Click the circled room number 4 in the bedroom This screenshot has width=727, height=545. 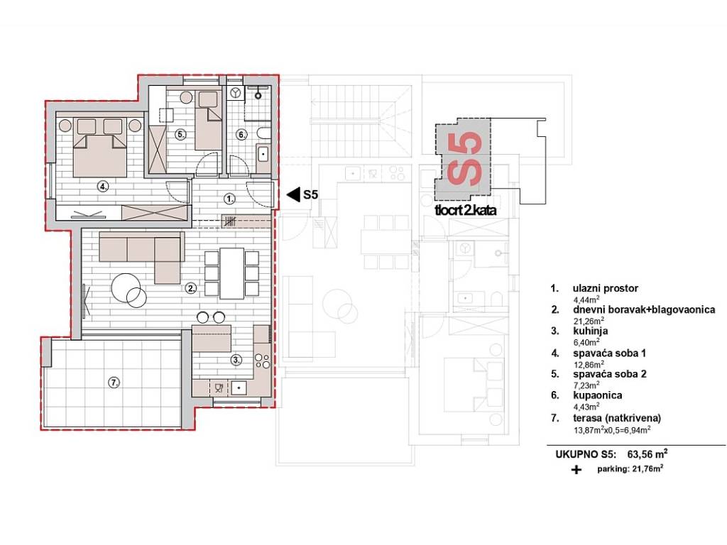click(103, 187)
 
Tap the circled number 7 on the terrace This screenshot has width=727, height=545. click(114, 382)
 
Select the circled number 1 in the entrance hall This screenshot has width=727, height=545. click(229, 199)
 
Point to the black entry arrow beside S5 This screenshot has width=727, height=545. click(293, 194)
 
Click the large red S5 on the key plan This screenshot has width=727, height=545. click(464, 158)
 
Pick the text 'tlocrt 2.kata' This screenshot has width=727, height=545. click(466, 210)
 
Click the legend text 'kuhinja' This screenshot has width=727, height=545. click(590, 331)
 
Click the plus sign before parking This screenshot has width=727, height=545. click(576, 470)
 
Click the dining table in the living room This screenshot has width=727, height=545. click(232, 273)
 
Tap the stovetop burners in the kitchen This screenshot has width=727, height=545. click(263, 361)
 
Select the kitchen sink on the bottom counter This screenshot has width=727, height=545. click(239, 387)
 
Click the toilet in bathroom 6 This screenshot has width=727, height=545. click(263, 133)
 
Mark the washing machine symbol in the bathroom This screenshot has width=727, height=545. click(236, 92)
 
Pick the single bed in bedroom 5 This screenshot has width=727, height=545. click(208, 119)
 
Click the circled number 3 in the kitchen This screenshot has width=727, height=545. click(236, 360)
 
